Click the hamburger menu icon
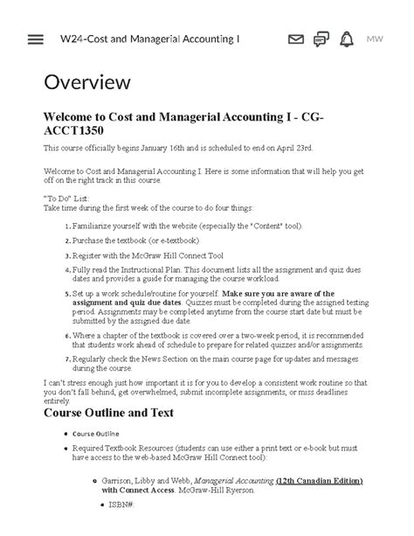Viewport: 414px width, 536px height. click(36, 39)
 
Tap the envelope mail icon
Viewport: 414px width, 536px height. click(296, 39)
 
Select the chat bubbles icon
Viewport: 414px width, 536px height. click(321, 39)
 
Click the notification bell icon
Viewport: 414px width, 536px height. click(347, 39)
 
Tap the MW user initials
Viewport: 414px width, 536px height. click(375, 39)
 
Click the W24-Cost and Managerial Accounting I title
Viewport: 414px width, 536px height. click(149, 39)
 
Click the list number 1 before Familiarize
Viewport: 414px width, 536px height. click(67, 226)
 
